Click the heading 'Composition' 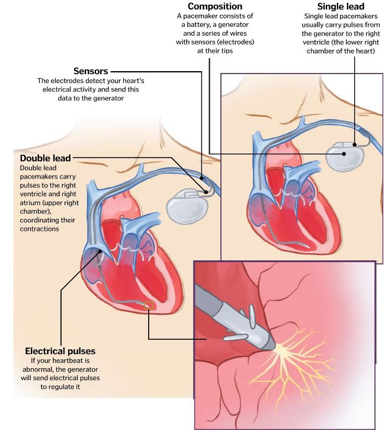[x=215, y=7]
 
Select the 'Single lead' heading [x=341, y=7]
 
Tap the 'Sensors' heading [x=91, y=71]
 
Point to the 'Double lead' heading [x=46, y=158]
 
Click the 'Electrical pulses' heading [x=60, y=351]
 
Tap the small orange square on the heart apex [x=149, y=305]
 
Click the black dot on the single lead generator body [x=344, y=154]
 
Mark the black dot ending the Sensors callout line [x=202, y=178]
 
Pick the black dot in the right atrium [x=100, y=251]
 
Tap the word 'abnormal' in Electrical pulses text [x=36, y=369]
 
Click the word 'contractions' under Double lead [x=40, y=229]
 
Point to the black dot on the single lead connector [x=355, y=145]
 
